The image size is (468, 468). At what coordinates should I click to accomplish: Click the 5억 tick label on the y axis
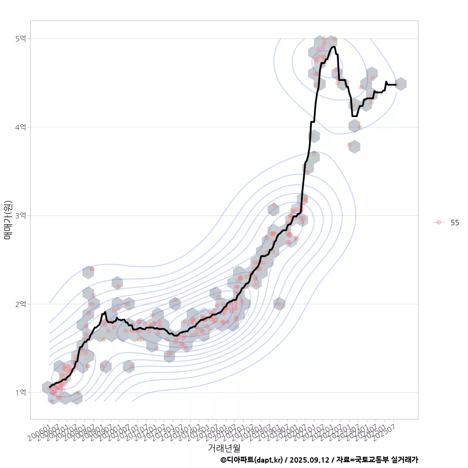(x=20, y=39)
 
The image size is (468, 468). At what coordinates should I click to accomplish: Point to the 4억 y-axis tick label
(x=20, y=127)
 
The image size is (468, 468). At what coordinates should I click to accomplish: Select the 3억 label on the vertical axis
(x=20, y=215)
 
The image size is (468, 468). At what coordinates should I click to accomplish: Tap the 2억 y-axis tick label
(x=20, y=304)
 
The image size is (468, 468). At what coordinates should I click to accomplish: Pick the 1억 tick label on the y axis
(x=20, y=392)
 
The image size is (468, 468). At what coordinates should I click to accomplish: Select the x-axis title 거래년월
(x=224, y=448)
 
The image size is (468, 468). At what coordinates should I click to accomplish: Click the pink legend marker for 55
(x=439, y=222)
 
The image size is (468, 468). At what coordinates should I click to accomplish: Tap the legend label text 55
(x=455, y=222)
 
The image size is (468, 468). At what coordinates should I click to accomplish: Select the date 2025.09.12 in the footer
(x=309, y=460)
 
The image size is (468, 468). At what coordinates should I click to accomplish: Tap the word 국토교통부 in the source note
(x=372, y=460)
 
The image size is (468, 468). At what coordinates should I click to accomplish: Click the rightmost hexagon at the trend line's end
(x=400, y=84)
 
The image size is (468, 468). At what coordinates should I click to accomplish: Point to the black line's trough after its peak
(x=354, y=116)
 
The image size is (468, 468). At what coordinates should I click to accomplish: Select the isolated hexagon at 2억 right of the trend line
(x=279, y=304)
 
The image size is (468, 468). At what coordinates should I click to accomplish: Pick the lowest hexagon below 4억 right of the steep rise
(x=354, y=146)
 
